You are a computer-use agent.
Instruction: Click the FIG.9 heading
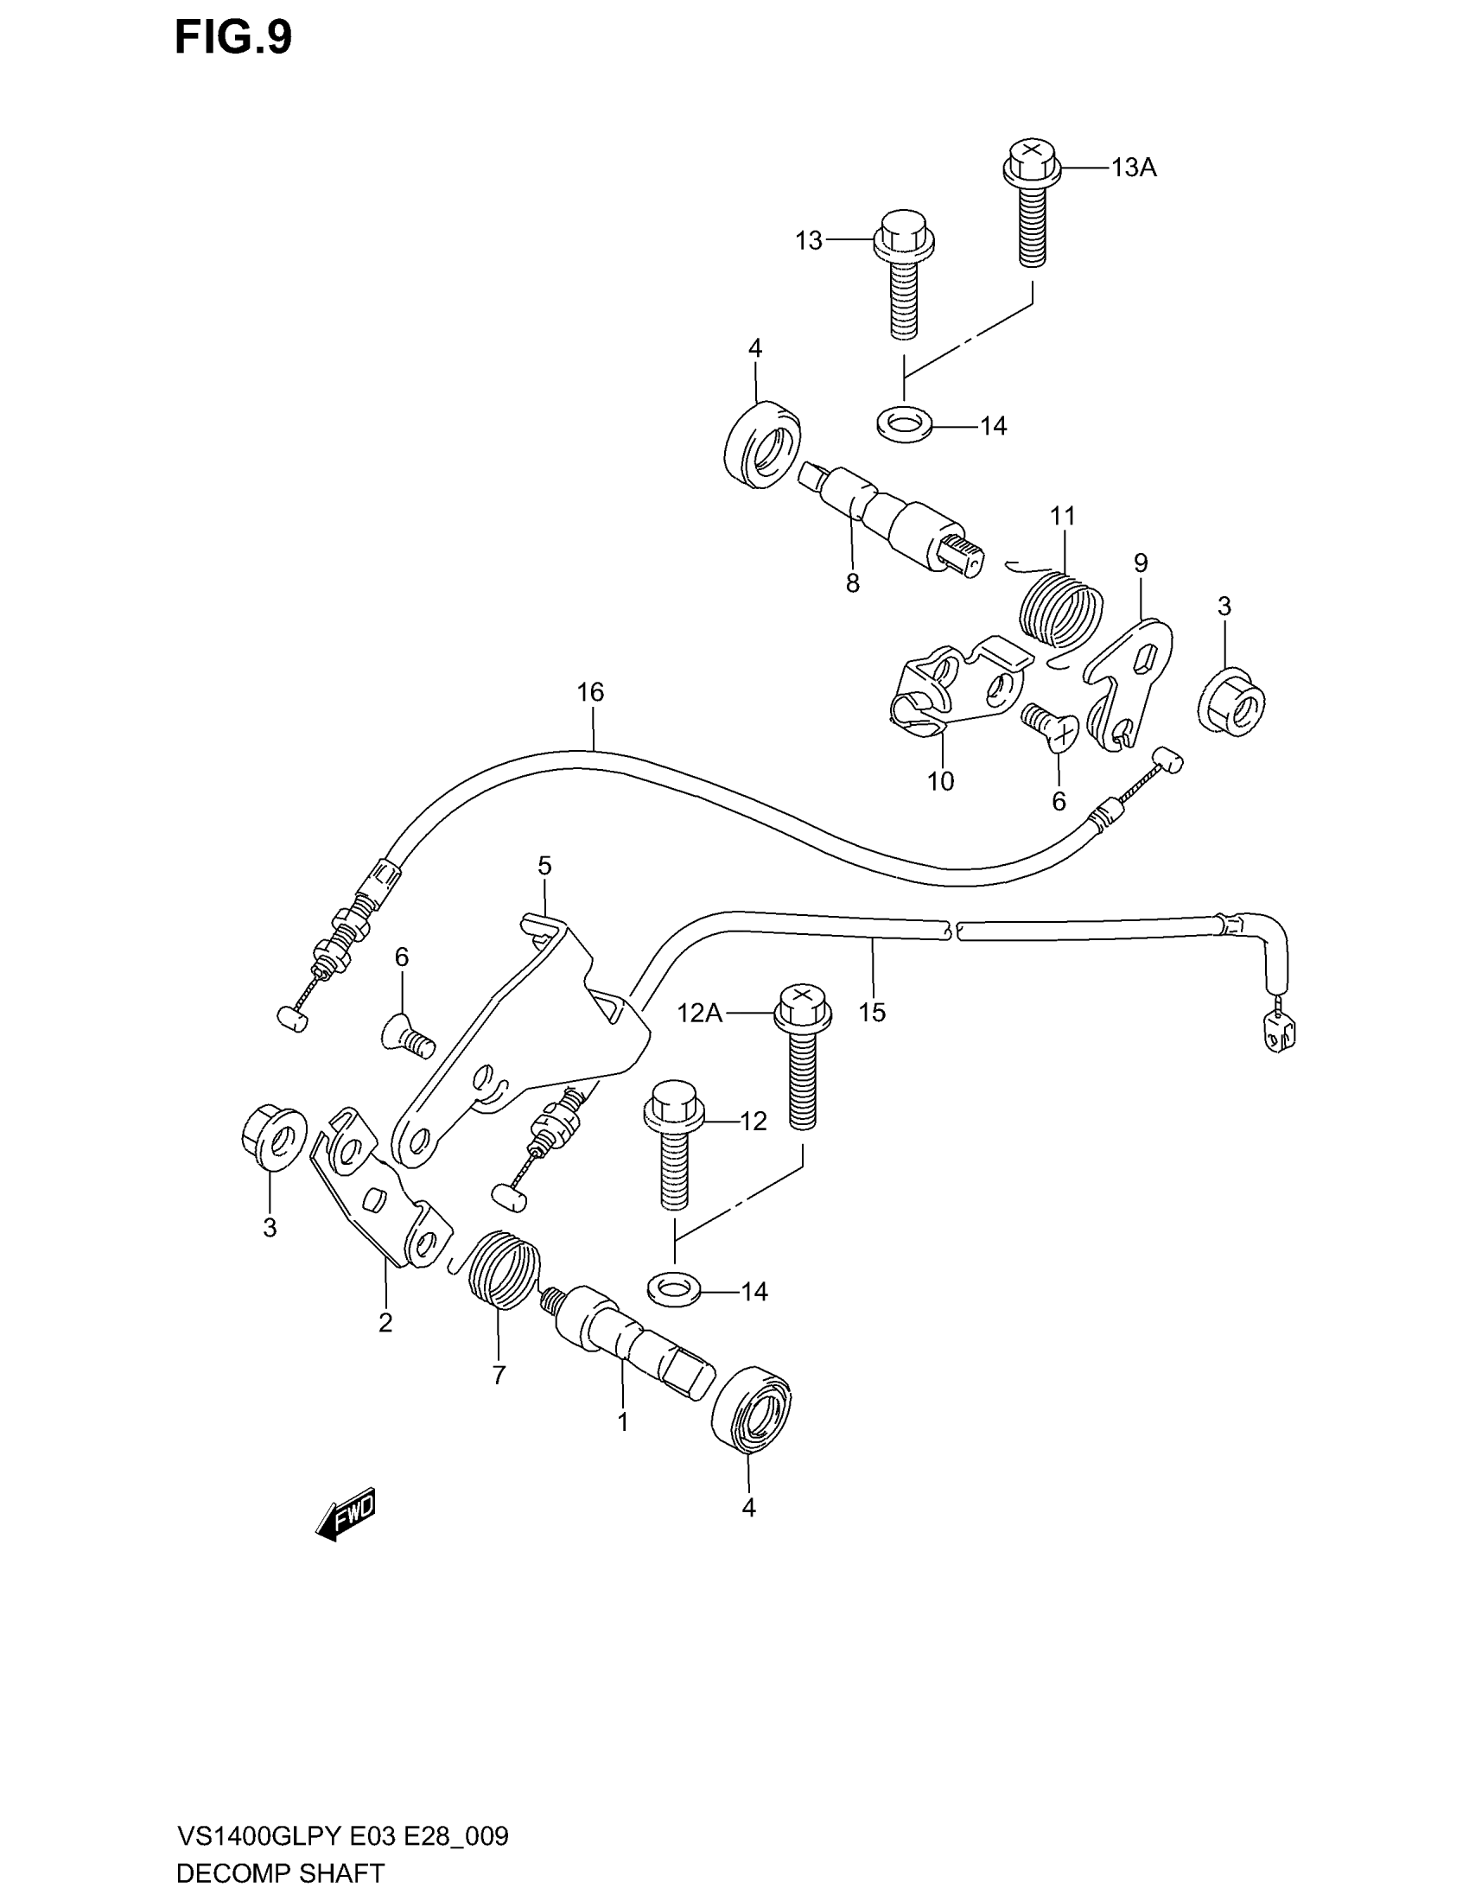(x=232, y=38)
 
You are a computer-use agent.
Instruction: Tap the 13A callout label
(x=1133, y=168)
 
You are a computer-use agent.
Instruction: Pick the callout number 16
(x=590, y=693)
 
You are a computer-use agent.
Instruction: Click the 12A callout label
(x=700, y=1014)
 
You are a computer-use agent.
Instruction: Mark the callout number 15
(x=871, y=1013)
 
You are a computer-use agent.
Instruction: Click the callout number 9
(x=1140, y=563)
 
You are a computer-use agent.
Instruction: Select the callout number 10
(x=941, y=782)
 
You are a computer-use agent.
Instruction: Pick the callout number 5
(x=544, y=866)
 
